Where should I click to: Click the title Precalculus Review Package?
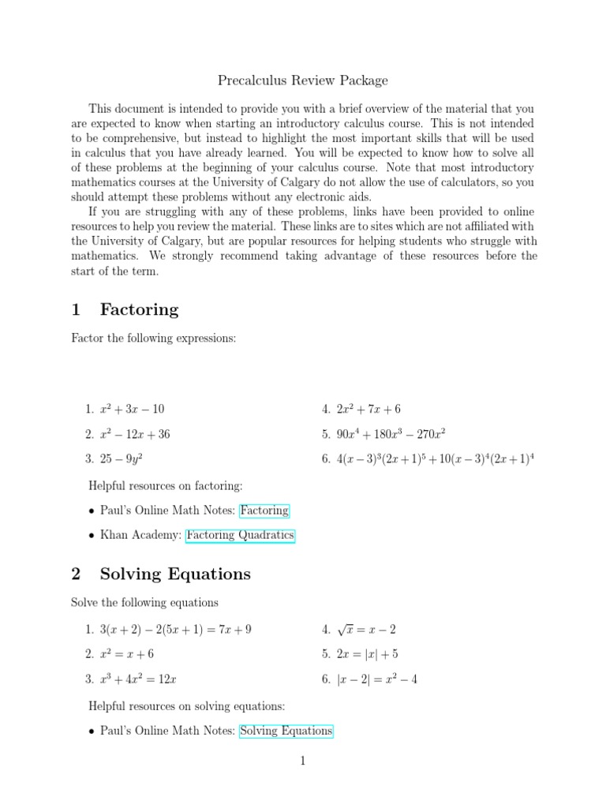tap(302, 80)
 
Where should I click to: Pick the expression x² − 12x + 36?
tap(135, 433)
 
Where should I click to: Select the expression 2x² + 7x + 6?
tap(368, 409)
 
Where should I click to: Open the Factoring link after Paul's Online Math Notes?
tap(265, 511)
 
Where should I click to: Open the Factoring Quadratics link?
tap(240, 535)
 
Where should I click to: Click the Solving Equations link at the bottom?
tap(286, 731)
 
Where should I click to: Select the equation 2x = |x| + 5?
tap(367, 654)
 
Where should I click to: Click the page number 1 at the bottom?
tap(302, 761)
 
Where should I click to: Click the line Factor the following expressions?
tap(154, 339)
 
